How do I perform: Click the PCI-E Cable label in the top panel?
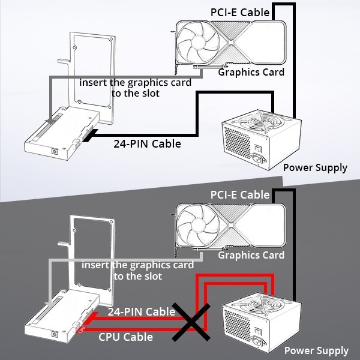coord(240,12)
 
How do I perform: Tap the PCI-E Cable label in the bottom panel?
coord(240,195)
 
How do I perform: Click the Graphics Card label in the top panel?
coord(251,73)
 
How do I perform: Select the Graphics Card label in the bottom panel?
coord(251,255)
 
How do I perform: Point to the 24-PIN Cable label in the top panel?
coord(148,144)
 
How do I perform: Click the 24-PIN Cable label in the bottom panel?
coord(141,312)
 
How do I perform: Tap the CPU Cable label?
coord(125,337)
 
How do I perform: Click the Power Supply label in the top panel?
coord(315,167)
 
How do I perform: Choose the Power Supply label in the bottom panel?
coord(316,350)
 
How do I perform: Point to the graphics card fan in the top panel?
coord(197,42)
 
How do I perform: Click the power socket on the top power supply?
coord(262,160)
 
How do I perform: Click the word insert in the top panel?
coord(94,82)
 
